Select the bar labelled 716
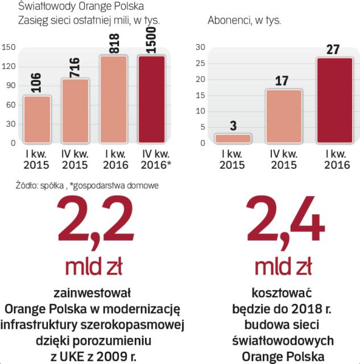point(75,111)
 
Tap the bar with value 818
point(114,100)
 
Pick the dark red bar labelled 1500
point(152,100)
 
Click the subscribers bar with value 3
point(233,138)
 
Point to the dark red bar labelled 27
point(334,100)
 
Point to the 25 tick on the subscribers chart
point(200,64)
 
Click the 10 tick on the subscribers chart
point(200,111)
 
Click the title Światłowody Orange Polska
point(81,7)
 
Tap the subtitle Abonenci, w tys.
point(245,20)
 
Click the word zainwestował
point(92,293)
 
